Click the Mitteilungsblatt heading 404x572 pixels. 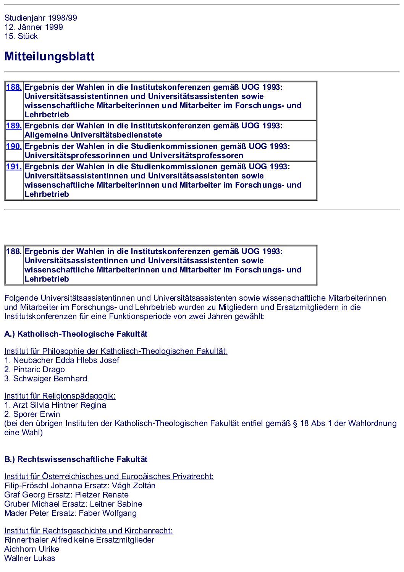tap(49, 57)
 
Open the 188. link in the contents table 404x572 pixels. tap(14, 87)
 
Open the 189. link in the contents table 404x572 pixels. tap(14, 126)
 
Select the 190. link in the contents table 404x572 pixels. tap(14, 146)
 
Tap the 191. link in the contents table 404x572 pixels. tap(14, 167)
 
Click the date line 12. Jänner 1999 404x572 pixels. tap(34, 27)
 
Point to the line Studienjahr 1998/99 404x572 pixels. tap(40, 18)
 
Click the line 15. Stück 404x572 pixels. tap(21, 36)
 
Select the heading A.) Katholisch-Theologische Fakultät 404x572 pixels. tap(76, 334)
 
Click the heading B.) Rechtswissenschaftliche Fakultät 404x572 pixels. tap(76, 459)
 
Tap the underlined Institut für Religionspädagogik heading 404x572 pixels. tap(60, 396)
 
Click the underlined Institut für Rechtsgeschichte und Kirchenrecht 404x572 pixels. tap(88, 531)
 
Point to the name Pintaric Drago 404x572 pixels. tap(39, 369)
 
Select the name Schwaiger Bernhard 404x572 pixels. tap(50, 379)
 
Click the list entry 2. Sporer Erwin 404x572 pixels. tap(32, 414)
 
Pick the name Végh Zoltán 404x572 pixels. tap(134, 486)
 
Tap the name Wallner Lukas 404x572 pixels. tap(30, 558)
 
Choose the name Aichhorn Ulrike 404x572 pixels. tap(32, 549)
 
